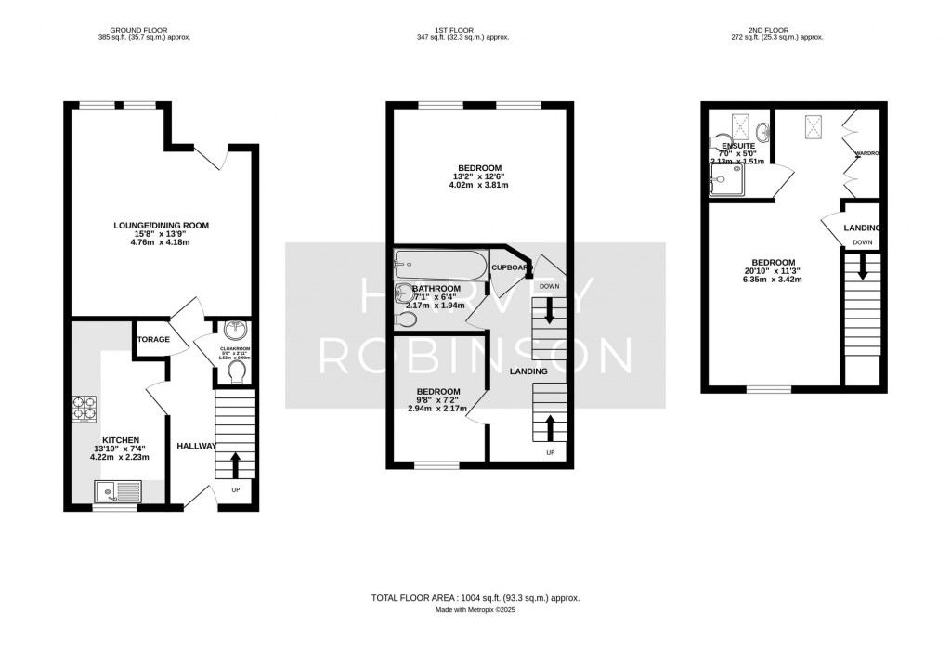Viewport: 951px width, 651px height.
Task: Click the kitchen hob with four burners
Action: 85,410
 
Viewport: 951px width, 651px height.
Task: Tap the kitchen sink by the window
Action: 117,490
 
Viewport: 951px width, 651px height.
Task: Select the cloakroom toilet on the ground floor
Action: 236,372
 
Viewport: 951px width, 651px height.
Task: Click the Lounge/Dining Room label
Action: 161,225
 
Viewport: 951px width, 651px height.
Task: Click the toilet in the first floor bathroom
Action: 406,319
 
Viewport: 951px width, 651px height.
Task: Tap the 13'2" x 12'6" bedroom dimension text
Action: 477,176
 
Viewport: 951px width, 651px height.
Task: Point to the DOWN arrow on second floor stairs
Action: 862,267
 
